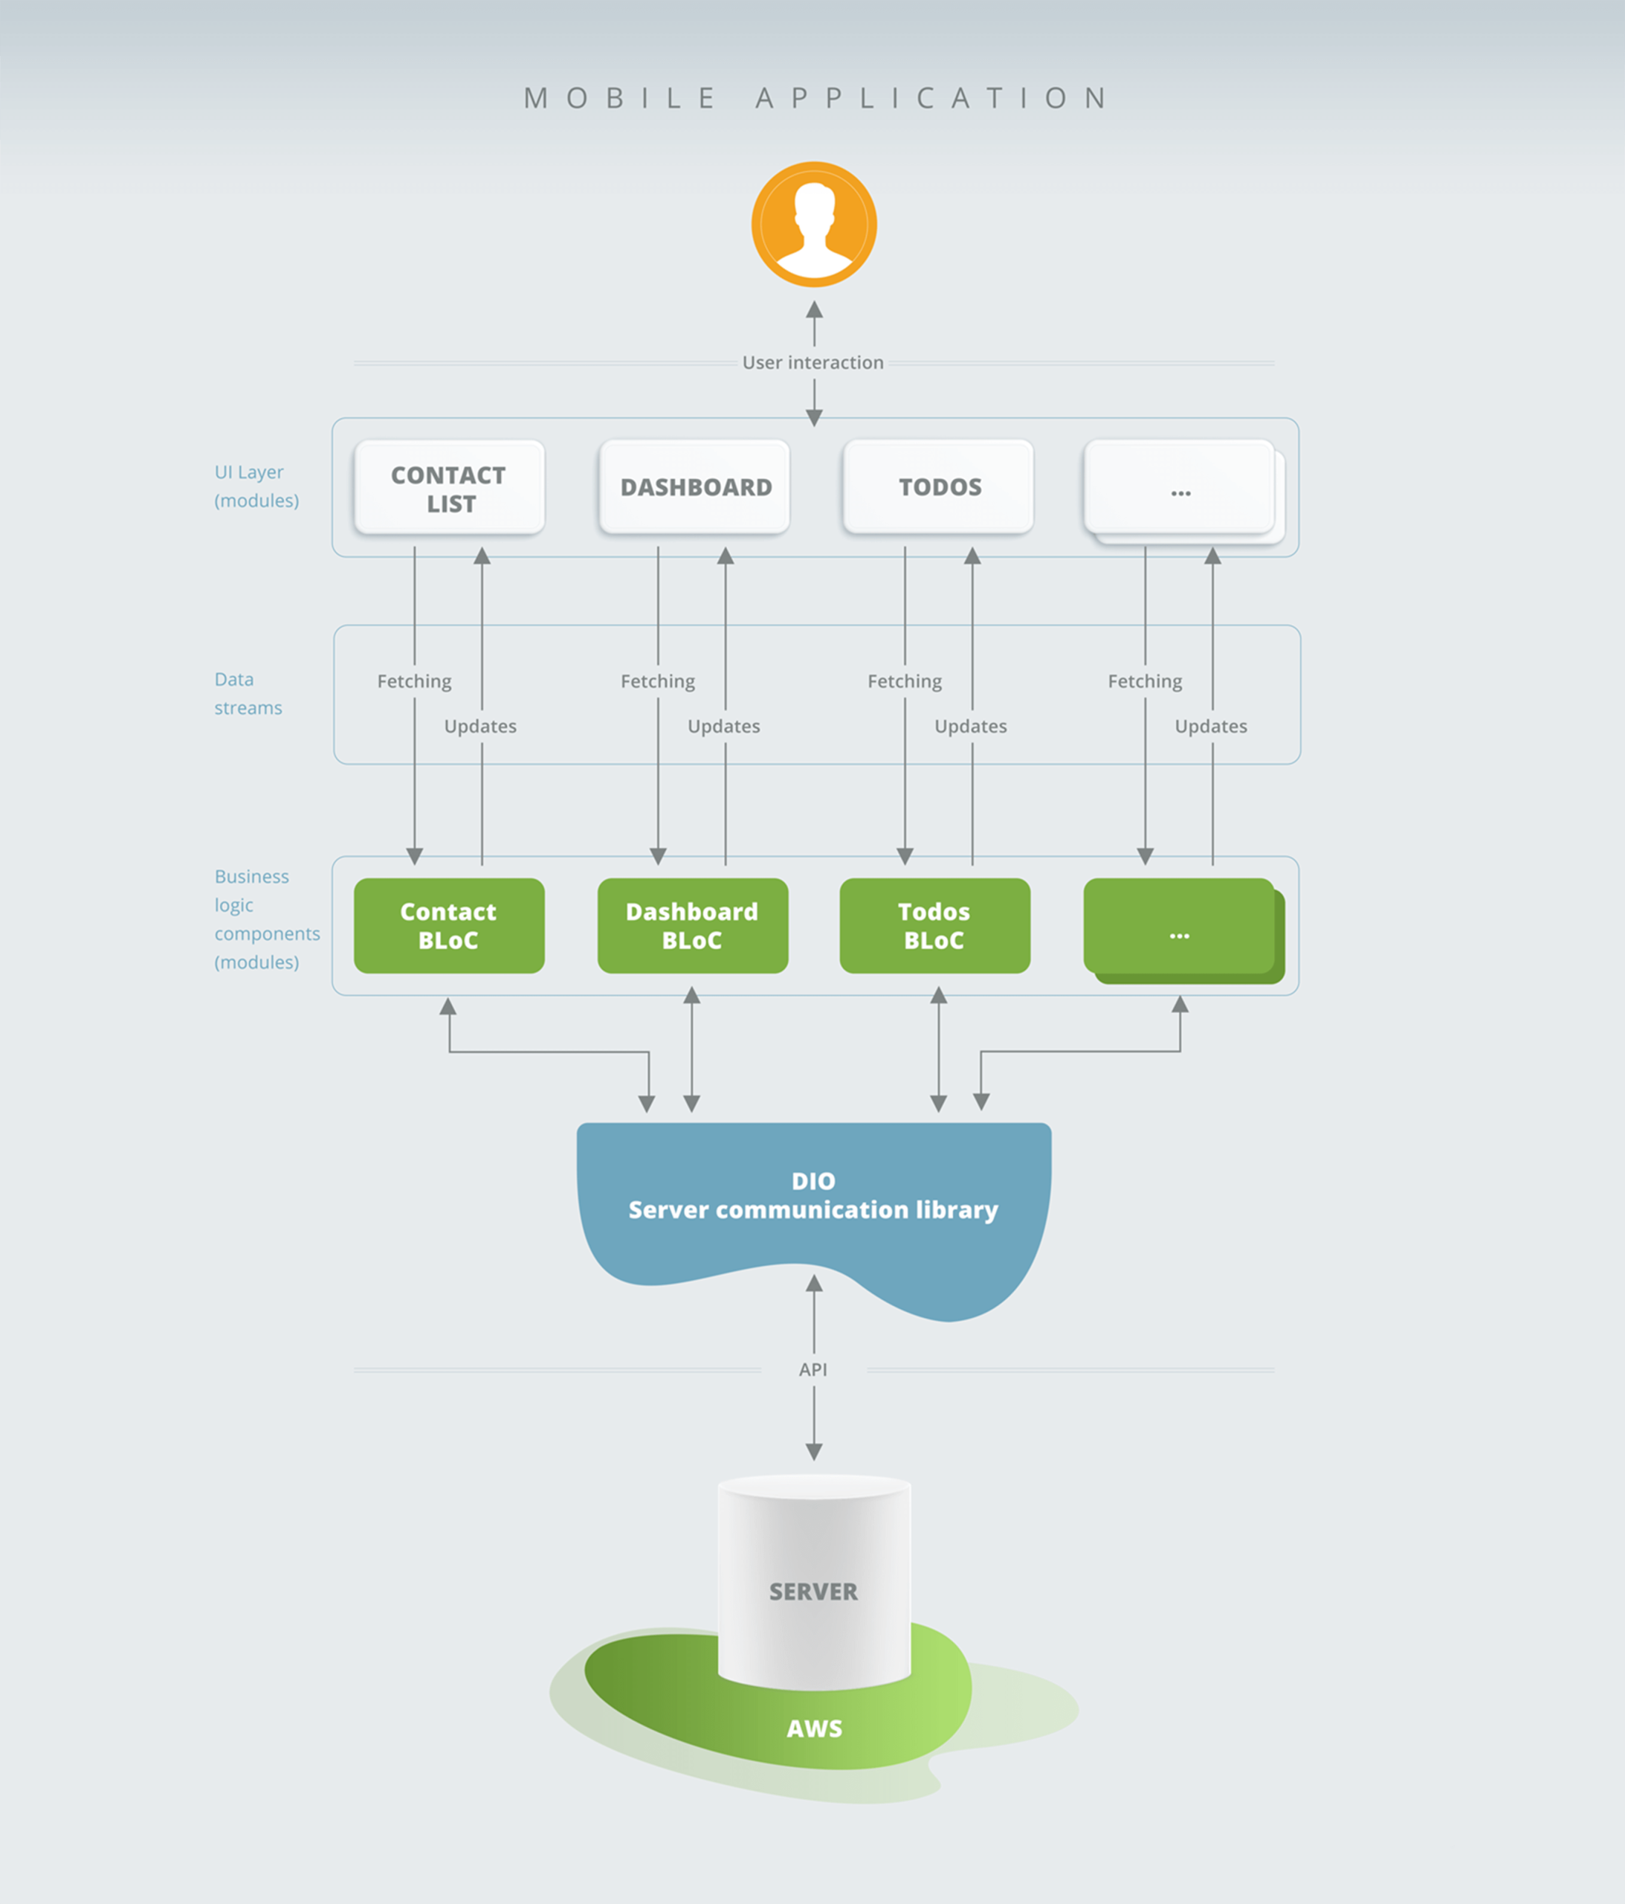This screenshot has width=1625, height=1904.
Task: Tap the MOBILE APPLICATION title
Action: [x=815, y=98]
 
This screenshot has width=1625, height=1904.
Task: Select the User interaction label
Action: [x=813, y=363]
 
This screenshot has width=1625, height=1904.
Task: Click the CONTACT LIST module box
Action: [x=449, y=488]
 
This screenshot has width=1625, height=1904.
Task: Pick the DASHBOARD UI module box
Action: [x=694, y=487]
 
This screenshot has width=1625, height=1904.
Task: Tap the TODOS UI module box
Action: [x=939, y=487]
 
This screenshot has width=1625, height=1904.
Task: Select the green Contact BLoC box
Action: [x=449, y=925]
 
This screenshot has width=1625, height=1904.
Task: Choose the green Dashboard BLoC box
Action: [x=693, y=925]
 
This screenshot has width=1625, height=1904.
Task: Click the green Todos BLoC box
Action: [x=934, y=925]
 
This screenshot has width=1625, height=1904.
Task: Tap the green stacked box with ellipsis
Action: [x=1180, y=928]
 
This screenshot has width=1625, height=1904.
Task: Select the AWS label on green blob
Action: [x=814, y=1728]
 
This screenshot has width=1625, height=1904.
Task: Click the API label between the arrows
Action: [x=813, y=1369]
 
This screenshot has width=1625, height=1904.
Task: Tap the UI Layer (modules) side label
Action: [x=256, y=486]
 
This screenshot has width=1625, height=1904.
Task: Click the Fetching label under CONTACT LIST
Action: [x=414, y=682]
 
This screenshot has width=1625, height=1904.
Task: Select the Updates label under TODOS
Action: [x=970, y=727]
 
